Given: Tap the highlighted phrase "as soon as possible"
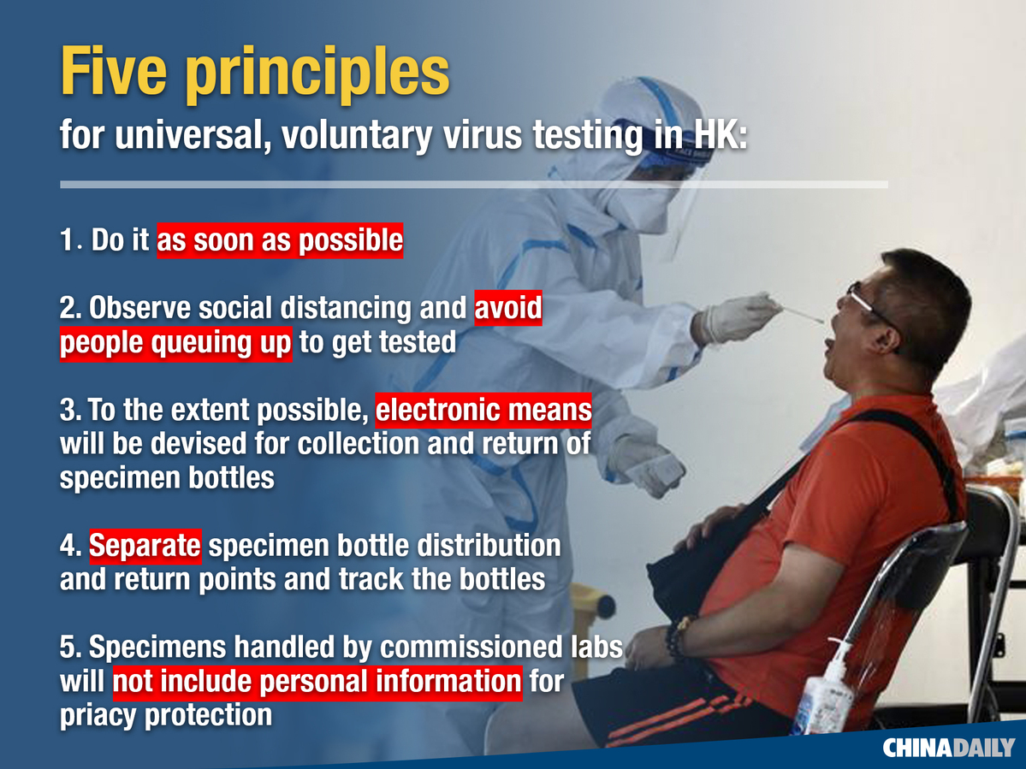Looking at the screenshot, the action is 280,240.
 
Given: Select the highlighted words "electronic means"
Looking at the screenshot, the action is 483,410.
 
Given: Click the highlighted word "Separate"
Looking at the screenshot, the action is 145,546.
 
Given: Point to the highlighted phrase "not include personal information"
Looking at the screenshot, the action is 317,682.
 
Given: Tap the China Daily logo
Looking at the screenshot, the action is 948,748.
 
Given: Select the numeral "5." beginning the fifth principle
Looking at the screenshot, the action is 71,648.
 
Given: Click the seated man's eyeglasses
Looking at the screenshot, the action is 870,304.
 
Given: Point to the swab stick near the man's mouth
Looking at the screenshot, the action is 802,314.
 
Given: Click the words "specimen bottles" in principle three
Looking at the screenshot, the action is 167,478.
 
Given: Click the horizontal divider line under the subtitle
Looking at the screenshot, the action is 474,185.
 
